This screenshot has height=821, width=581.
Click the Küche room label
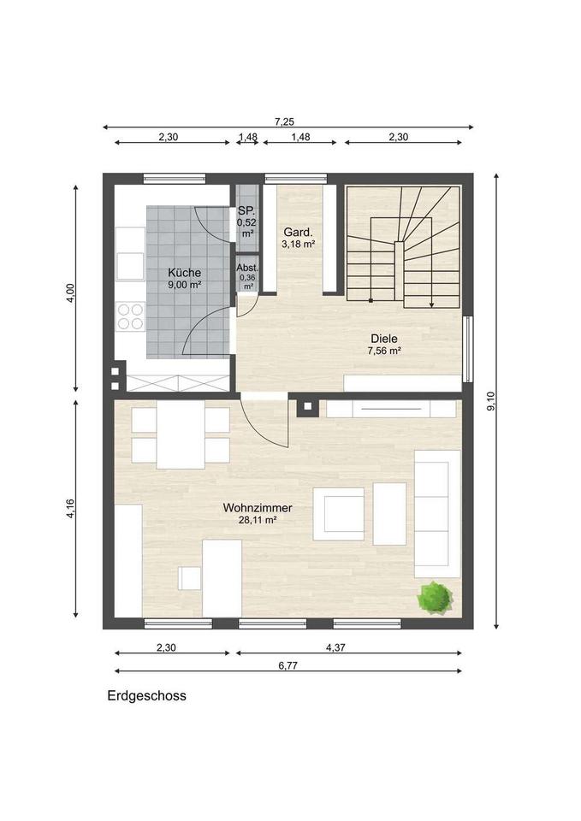pyautogui.click(x=185, y=273)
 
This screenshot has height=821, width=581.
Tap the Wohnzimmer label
pyautogui.click(x=258, y=508)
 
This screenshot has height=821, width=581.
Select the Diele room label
pyautogui.click(x=384, y=339)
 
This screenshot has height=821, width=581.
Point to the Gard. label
pyautogui.click(x=298, y=232)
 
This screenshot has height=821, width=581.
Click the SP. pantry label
pyautogui.click(x=246, y=211)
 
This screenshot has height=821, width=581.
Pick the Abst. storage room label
pyautogui.click(x=247, y=268)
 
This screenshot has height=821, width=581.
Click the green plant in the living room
pyautogui.click(x=435, y=597)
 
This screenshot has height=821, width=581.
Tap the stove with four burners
pyautogui.click(x=130, y=316)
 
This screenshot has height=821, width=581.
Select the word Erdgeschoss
pyautogui.click(x=146, y=696)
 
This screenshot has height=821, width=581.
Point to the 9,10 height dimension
pyautogui.click(x=491, y=401)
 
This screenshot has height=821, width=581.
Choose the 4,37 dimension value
pyautogui.click(x=335, y=647)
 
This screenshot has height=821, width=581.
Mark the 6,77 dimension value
pyautogui.click(x=288, y=666)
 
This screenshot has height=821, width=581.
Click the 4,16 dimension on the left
pyautogui.click(x=71, y=509)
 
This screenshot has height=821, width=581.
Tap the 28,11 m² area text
pyautogui.click(x=258, y=520)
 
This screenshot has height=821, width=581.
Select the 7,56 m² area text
pyautogui.click(x=384, y=351)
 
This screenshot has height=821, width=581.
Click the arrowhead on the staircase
pyautogui.click(x=431, y=304)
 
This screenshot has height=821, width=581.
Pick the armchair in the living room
pyautogui.click(x=339, y=514)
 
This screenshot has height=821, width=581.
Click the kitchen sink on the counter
pyautogui.click(x=130, y=266)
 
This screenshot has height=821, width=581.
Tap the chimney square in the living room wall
pyautogui.click(x=307, y=405)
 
